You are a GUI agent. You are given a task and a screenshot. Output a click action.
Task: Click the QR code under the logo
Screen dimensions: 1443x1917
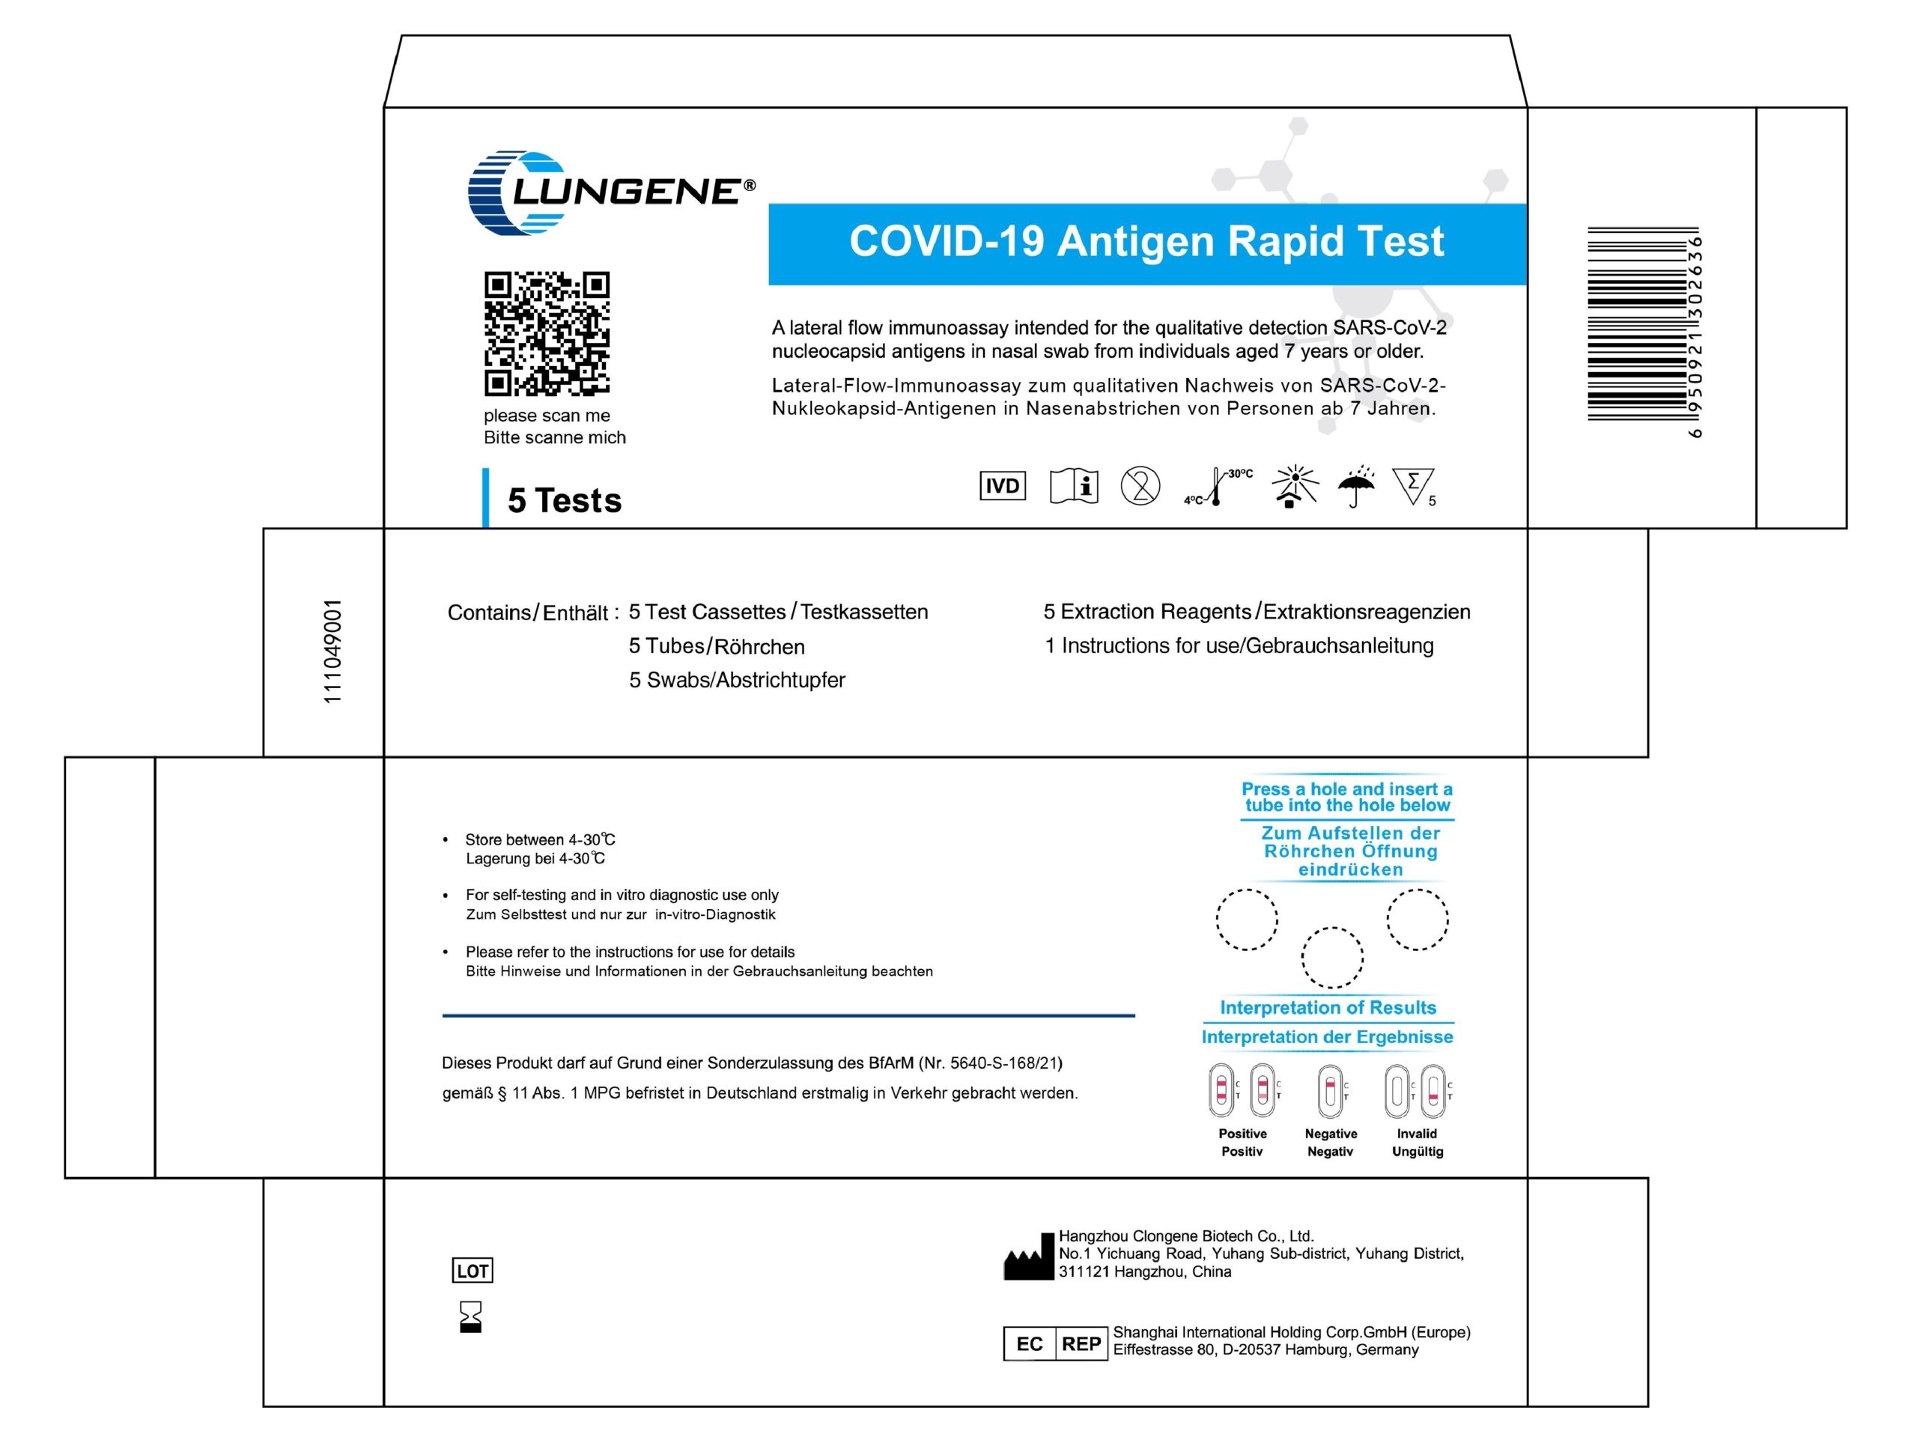pyautogui.click(x=546, y=334)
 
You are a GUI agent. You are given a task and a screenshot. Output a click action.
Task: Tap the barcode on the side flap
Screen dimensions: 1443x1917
pyautogui.click(x=1635, y=324)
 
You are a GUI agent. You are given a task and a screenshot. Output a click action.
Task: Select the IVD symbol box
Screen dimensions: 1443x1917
pyautogui.click(x=1003, y=486)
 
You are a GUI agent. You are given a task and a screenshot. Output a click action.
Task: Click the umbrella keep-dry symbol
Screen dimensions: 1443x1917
pyautogui.click(x=1355, y=487)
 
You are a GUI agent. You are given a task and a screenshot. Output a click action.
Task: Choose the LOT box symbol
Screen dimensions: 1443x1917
pyautogui.click(x=473, y=1271)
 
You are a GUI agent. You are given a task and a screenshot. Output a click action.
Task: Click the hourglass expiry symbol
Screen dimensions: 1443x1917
pyautogui.click(x=470, y=1316)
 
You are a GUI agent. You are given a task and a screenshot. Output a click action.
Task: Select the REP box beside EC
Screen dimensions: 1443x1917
pyautogui.click(x=1081, y=1344)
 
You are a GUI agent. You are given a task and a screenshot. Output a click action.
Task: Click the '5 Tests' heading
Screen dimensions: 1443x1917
pyautogui.click(x=564, y=501)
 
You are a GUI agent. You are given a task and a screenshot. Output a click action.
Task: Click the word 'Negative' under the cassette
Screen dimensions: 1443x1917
pyautogui.click(x=1330, y=1134)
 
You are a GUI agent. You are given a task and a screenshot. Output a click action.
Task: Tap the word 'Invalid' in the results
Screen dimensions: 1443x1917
pyautogui.click(x=1416, y=1134)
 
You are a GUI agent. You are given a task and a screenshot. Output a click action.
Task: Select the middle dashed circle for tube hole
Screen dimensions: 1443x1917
pyautogui.click(x=1332, y=958)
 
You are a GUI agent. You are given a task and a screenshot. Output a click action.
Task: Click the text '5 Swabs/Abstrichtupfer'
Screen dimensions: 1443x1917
pyautogui.click(x=737, y=681)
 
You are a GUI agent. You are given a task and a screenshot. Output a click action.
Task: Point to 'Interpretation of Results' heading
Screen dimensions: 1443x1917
pyautogui.click(x=1328, y=1008)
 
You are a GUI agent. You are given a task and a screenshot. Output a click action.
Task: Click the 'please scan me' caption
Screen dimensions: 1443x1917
pyautogui.click(x=547, y=416)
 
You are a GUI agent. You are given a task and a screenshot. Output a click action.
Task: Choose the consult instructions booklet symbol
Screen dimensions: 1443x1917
pyautogui.click(x=1074, y=486)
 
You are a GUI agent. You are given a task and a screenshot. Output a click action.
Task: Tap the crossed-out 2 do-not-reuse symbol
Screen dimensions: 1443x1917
pyautogui.click(x=1140, y=486)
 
